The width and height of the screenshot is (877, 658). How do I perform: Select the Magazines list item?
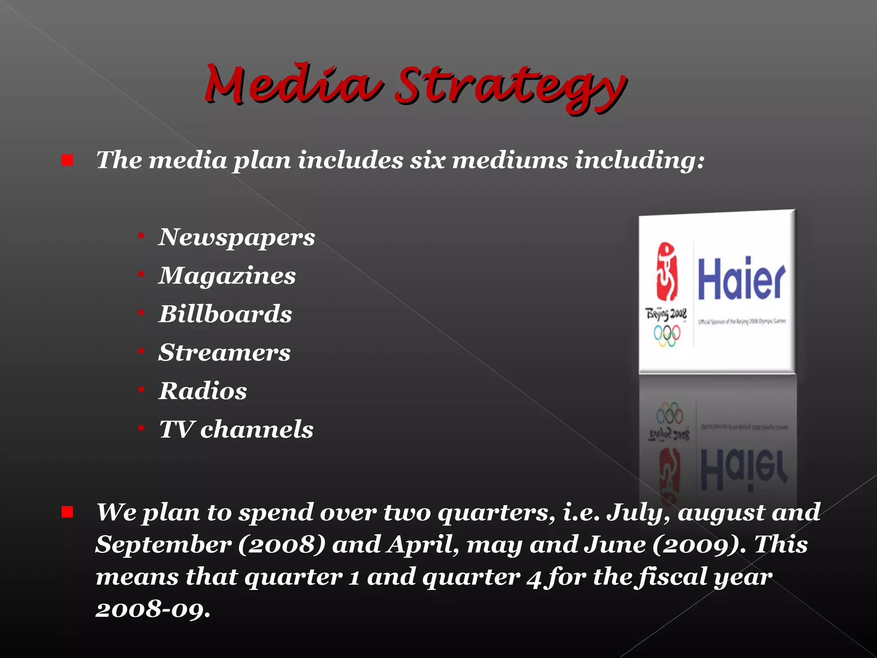[x=227, y=275]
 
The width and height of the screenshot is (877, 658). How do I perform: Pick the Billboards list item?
[x=225, y=314]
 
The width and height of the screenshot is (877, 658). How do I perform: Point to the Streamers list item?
[x=224, y=353]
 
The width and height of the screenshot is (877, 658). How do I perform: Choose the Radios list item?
[x=203, y=391]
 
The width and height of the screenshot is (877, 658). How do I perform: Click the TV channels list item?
[x=236, y=429]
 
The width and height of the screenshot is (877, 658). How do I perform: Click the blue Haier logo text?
[x=741, y=279]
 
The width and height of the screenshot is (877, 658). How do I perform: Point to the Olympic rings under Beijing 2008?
[x=667, y=335]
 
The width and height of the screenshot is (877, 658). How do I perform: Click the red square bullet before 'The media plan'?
[x=67, y=160]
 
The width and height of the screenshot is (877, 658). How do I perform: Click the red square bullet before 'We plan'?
[x=67, y=512]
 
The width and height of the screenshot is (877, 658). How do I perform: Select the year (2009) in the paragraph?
[x=697, y=545]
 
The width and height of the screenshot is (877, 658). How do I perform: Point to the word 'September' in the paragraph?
[x=163, y=545]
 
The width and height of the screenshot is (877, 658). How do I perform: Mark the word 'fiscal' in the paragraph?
[x=672, y=577]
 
